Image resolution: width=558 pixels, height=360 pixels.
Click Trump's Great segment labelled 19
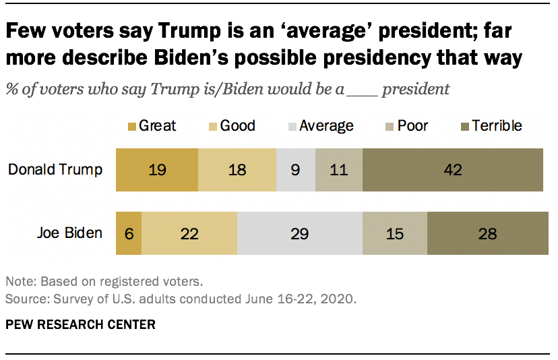pyautogui.click(x=157, y=169)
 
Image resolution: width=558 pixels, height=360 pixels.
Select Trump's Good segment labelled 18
pyautogui.click(x=237, y=169)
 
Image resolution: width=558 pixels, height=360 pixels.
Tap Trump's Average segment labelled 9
pyautogui.click(x=296, y=169)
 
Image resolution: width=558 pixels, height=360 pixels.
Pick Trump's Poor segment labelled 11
pyautogui.click(x=339, y=169)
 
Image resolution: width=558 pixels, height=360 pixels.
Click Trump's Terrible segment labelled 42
pyautogui.click(x=452, y=169)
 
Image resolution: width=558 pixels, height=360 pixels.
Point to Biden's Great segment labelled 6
pyautogui.click(x=129, y=234)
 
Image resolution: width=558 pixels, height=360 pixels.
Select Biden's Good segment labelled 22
pyautogui.click(x=189, y=234)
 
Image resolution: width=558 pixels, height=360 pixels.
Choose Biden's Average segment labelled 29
pyautogui.click(x=300, y=234)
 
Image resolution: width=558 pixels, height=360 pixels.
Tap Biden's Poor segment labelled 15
pyautogui.click(x=395, y=234)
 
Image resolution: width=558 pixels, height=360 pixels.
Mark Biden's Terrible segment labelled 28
pyautogui.click(x=487, y=234)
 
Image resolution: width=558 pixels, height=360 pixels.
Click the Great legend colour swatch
pyautogui.click(x=131, y=126)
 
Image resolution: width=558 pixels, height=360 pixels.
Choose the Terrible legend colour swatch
pyautogui.click(x=464, y=126)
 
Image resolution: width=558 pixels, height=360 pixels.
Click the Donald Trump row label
pyautogui.click(x=55, y=169)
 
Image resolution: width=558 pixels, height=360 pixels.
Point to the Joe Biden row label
pyautogui.click(x=69, y=234)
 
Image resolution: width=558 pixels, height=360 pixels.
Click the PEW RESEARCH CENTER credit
pyautogui.click(x=80, y=325)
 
